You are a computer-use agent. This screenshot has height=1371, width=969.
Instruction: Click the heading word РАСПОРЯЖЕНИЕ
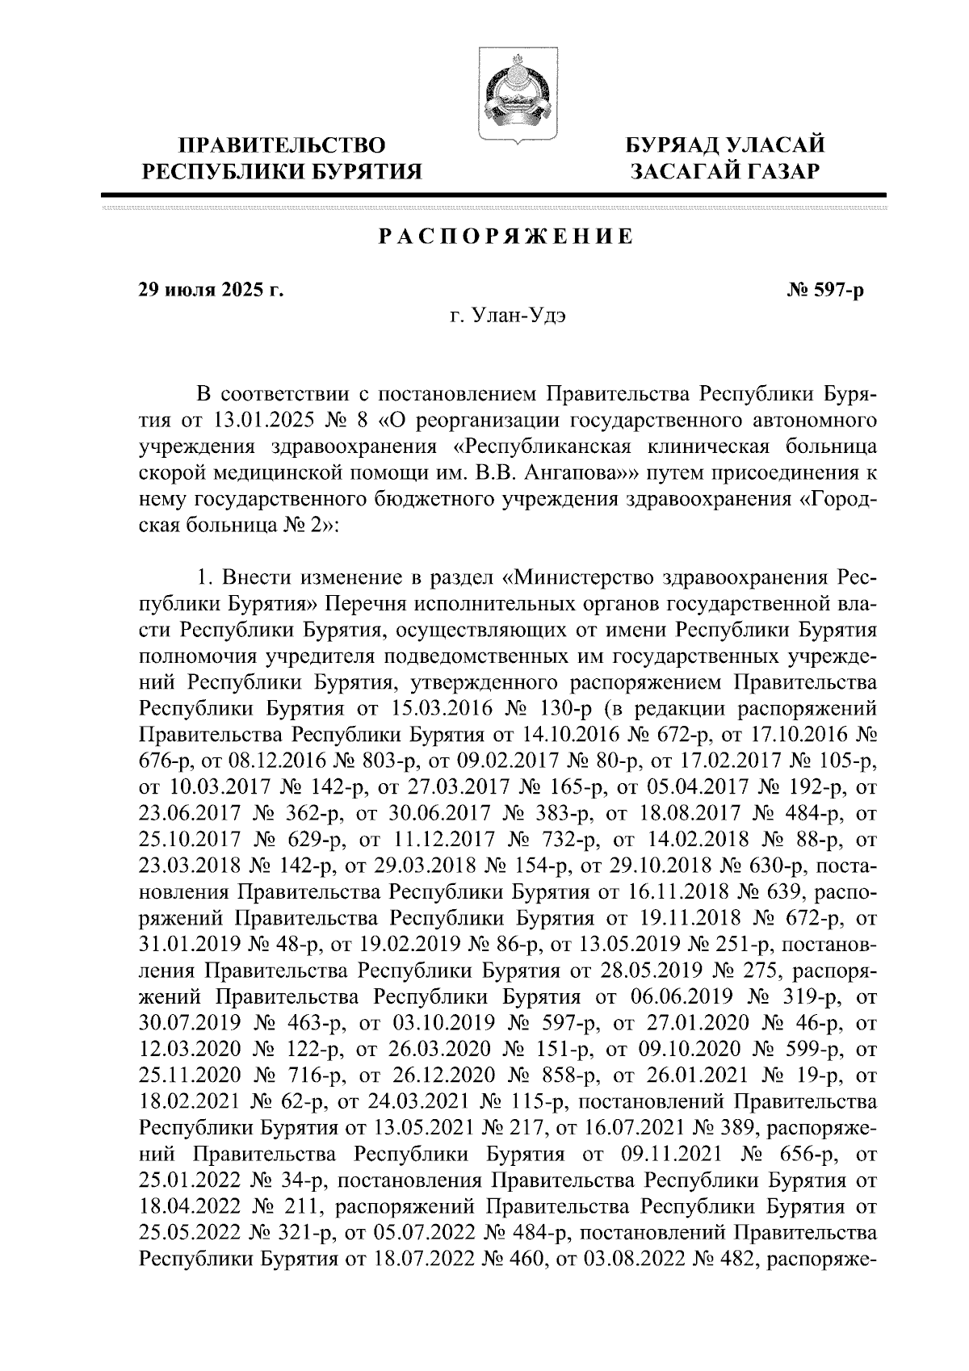coord(506,237)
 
